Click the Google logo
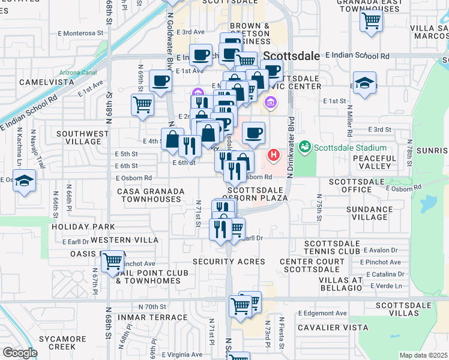click(20, 353)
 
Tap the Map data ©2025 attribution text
click(423, 355)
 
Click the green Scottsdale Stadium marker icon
click(305, 146)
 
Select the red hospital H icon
click(274, 156)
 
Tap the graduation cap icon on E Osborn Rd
click(24, 181)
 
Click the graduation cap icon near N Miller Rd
click(364, 85)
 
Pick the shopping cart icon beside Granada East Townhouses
click(372, 22)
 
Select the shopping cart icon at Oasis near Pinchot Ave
click(112, 262)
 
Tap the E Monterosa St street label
click(83, 33)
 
